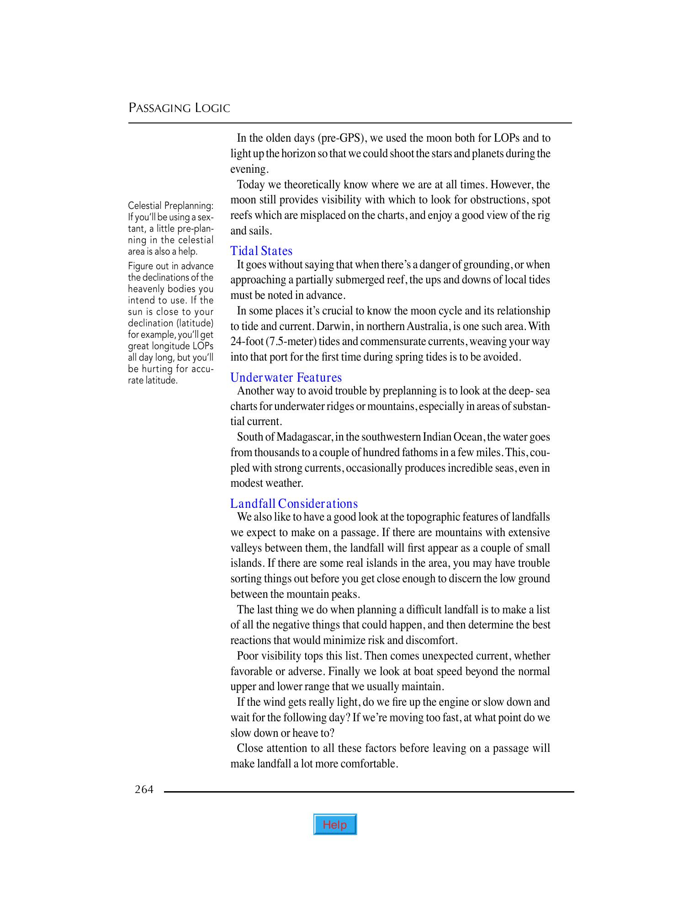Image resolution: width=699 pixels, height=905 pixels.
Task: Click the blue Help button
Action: pos(335,825)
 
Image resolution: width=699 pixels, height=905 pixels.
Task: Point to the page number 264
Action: pos(144,789)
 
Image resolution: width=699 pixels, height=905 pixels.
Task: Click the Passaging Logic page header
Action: pos(179,108)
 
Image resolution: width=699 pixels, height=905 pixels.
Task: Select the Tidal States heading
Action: pos(261,251)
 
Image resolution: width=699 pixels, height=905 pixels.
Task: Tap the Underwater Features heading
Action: pos(286,378)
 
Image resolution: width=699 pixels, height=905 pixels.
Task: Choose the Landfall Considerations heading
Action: pos(294,504)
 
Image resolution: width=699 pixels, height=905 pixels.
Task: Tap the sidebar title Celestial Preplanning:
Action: pos(170,206)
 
